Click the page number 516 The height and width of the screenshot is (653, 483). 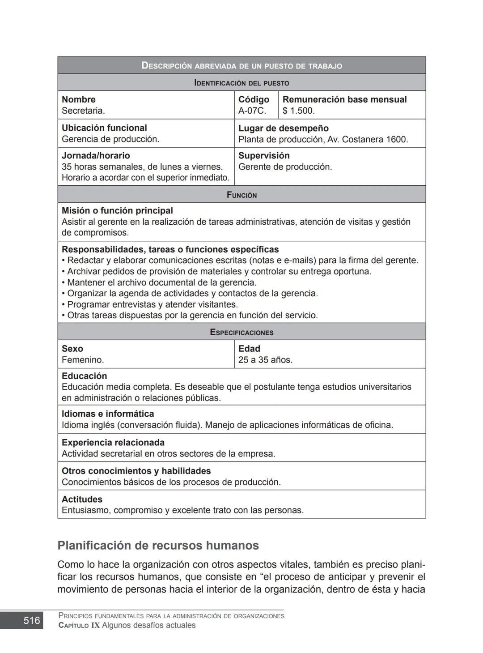31,620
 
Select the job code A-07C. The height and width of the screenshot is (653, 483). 252,111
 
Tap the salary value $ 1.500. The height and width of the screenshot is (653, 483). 298,111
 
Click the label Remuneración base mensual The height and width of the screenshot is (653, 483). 344,99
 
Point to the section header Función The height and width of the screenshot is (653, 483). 241,195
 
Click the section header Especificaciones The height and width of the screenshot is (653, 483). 241,332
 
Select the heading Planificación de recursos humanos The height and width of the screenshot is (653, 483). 158,545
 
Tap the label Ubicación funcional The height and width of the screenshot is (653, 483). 104,128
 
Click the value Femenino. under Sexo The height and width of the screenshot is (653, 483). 83,360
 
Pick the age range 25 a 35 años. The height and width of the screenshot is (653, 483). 265,360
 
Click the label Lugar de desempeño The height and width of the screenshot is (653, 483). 283,128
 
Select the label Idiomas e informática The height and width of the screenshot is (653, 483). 107,414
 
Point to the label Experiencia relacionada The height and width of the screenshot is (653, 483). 113,443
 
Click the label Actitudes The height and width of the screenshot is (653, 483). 82,499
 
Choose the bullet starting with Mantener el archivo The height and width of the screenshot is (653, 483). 160,282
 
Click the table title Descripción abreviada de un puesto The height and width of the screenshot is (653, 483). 241,66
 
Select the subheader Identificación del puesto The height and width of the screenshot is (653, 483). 241,83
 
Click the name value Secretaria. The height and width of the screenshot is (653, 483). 83,111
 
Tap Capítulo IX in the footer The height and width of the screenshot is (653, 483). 79,625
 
